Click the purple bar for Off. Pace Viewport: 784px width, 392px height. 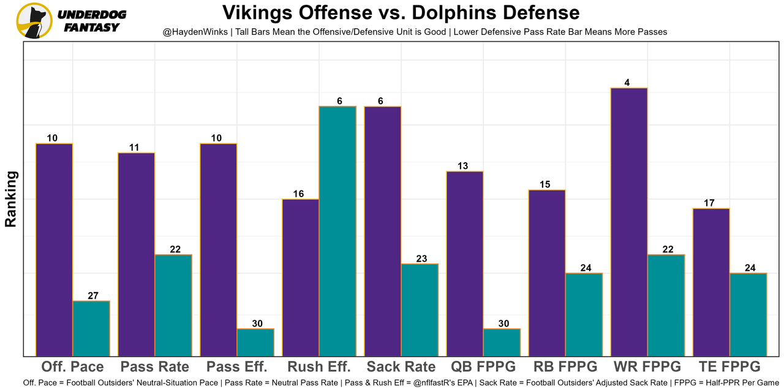pyautogui.click(x=54, y=249)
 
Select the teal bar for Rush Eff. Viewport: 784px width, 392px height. pyautogui.click(x=337, y=231)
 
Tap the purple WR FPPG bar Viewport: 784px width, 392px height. pyautogui.click(x=629, y=222)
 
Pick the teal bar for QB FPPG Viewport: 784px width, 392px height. pyautogui.click(x=502, y=342)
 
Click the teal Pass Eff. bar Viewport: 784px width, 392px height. pyautogui.click(x=255, y=342)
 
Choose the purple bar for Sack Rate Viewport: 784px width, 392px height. pyautogui.click(x=383, y=231)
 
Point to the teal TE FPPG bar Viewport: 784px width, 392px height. pyautogui.click(x=748, y=314)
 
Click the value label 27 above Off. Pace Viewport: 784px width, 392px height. pyautogui.click(x=93, y=296)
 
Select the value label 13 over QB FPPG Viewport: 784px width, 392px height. pyautogui.click(x=462, y=166)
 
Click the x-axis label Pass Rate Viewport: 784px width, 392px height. pyautogui.click(x=155, y=367)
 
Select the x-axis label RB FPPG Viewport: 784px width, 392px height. pyautogui.click(x=565, y=367)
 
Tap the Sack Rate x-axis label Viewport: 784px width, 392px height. pyautogui.click(x=401, y=367)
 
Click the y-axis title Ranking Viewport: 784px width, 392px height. pyautogui.click(x=11, y=199)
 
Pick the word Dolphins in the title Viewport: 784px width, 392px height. pyautogui.click(x=454, y=12)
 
